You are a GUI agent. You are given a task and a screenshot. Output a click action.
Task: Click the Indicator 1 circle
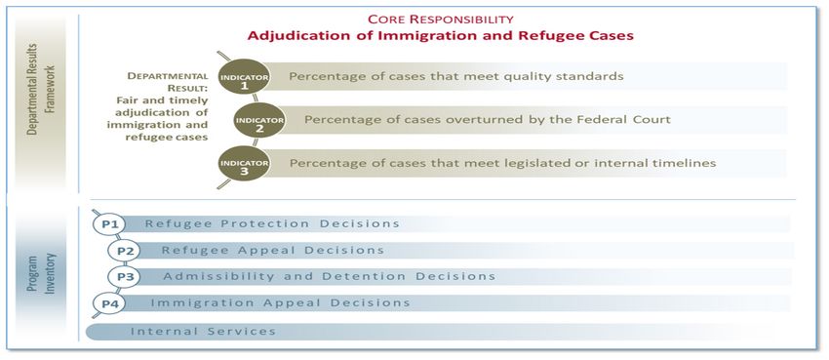pos(244,77)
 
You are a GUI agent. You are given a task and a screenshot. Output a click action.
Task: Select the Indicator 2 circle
pos(259,120)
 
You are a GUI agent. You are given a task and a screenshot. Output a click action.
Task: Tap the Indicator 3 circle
pos(244,163)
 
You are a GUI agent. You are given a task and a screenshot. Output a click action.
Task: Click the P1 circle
pos(109,224)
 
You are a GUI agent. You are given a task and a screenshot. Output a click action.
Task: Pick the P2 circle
pos(124,251)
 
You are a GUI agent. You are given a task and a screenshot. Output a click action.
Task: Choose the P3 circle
pos(124,276)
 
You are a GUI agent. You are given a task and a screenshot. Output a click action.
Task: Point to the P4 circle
pos(109,303)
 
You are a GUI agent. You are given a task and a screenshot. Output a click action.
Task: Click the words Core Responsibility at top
pos(441,20)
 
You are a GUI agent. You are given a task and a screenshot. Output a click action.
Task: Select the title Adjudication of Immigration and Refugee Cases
pos(441,36)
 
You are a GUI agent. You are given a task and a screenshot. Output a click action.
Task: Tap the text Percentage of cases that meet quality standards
pos(456,76)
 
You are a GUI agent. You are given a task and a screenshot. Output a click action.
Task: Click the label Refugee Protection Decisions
pos(272,223)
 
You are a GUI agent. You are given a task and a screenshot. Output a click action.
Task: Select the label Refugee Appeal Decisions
pos(273,250)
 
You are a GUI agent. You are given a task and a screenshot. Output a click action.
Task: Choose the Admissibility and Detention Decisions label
pos(329,276)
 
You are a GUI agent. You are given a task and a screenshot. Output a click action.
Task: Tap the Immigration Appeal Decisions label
pos(280,302)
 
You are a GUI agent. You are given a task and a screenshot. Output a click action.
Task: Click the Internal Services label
pos(203,332)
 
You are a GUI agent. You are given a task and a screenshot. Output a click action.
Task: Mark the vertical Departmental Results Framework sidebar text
pos(40,100)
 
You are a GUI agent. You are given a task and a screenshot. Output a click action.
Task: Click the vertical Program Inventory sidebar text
pos(41,274)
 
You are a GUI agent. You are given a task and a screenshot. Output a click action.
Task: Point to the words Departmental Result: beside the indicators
pos(168,82)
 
